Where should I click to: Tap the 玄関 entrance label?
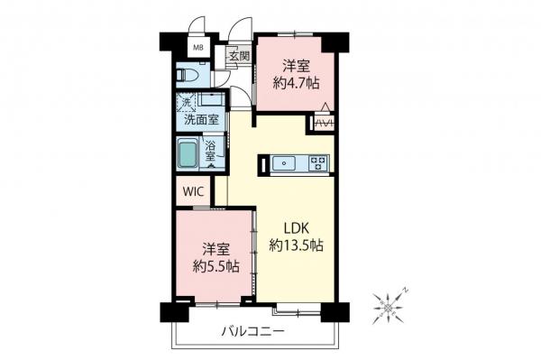tap(238, 55)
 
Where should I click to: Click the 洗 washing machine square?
tap(187, 100)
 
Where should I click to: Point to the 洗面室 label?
tap(202, 119)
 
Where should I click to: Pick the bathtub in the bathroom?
tap(188, 154)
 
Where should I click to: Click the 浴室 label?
tap(209, 151)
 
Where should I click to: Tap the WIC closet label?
tap(194, 191)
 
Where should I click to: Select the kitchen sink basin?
tap(282, 163)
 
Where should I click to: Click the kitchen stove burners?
tap(318, 163)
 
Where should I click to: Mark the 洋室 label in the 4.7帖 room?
tap(296, 66)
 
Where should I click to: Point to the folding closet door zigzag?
tap(323, 124)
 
